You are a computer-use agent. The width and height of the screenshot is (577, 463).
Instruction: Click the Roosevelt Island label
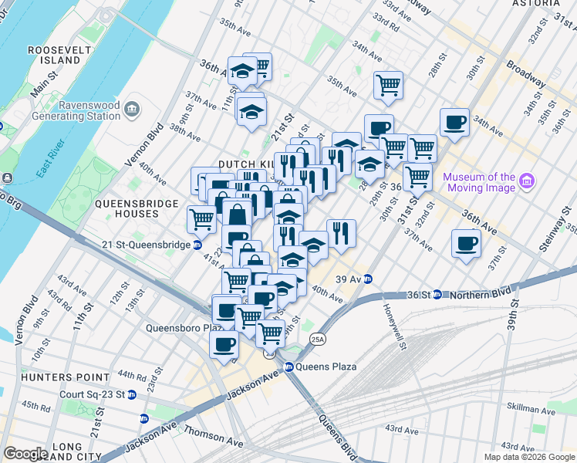pyautogui.click(x=54, y=55)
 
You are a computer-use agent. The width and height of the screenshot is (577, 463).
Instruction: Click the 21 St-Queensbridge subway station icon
pyautogui.click(x=197, y=245)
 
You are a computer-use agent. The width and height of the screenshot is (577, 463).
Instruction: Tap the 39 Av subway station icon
pyautogui.click(x=369, y=279)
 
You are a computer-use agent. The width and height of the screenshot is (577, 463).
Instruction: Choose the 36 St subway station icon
pyautogui.click(x=437, y=294)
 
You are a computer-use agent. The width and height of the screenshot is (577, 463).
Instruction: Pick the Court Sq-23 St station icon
pyautogui.click(x=132, y=394)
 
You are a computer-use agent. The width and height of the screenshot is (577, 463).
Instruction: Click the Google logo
pyautogui.click(x=25, y=454)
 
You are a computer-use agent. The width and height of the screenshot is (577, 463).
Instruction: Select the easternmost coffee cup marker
pyautogui.click(x=467, y=245)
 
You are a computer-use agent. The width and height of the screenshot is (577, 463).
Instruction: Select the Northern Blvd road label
pyautogui.click(x=477, y=294)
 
